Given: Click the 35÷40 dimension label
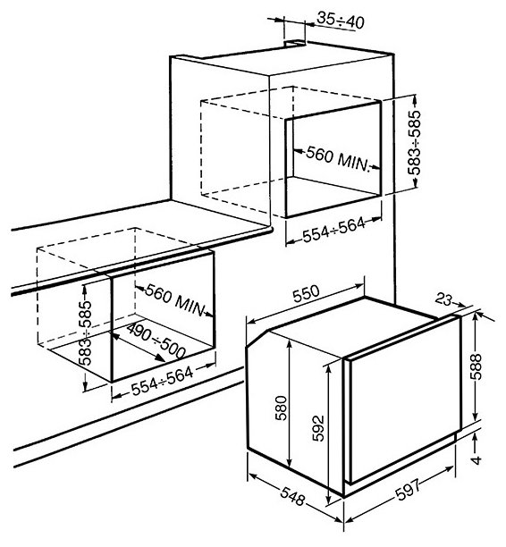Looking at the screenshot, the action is (x=341, y=21).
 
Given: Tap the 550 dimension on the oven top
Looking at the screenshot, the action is (x=306, y=294).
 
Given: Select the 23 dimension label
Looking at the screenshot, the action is (x=444, y=299).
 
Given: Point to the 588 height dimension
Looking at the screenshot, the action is (x=476, y=366).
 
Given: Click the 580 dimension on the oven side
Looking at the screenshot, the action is (x=281, y=408).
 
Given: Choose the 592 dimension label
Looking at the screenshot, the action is (x=318, y=428).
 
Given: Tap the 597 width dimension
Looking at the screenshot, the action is (x=409, y=489).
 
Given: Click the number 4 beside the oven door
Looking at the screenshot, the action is (x=476, y=459).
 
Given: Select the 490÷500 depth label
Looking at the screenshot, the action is (x=156, y=341).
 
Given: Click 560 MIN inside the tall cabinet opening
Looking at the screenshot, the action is (x=337, y=159).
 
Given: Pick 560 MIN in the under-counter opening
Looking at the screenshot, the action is (x=174, y=299).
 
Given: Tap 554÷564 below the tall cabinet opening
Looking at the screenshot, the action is (x=333, y=230).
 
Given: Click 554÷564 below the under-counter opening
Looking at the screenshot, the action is (x=163, y=381).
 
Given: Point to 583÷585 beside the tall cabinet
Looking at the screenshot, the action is (x=415, y=142).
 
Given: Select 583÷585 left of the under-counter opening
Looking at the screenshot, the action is (x=85, y=333).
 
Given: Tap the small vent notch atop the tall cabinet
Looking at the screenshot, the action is (x=295, y=43).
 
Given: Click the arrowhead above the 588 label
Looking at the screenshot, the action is (x=475, y=317).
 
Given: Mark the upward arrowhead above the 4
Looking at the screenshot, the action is (x=475, y=437).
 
